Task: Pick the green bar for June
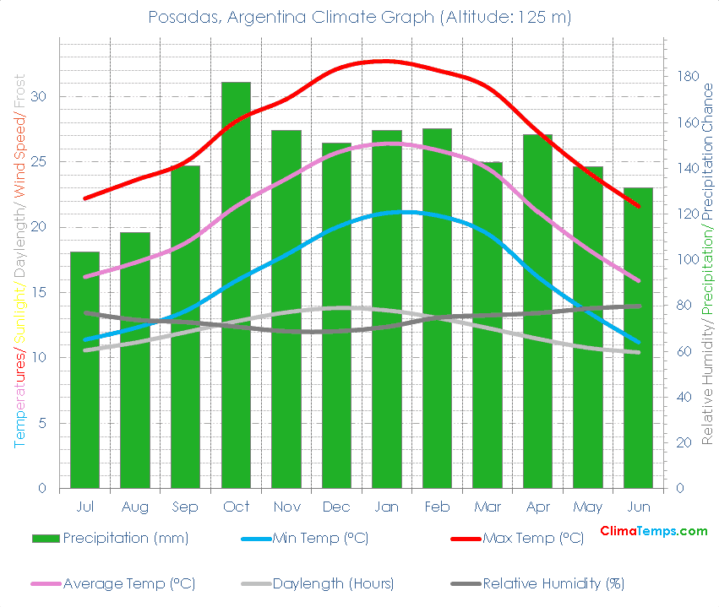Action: point(639,338)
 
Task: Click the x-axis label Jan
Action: point(387,507)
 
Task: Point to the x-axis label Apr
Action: point(538,507)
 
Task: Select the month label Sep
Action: point(185,507)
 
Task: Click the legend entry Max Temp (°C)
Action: point(532,539)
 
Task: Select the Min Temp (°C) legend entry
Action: point(320,539)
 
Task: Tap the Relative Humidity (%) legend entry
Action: point(553,583)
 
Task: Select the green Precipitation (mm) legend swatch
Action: point(46,539)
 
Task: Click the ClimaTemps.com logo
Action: point(653,531)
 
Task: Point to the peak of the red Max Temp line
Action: point(385,61)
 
